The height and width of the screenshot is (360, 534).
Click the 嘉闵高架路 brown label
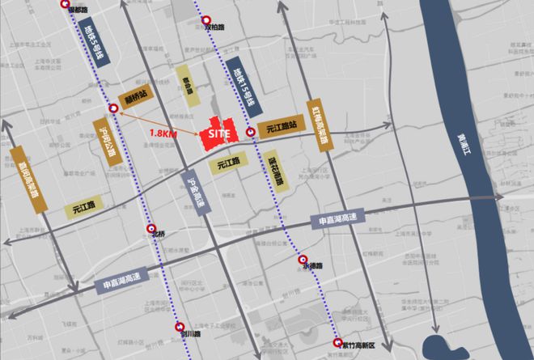point(29,179)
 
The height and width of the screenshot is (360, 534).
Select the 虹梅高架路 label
point(320,125)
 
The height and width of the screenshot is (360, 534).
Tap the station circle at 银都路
point(66,4)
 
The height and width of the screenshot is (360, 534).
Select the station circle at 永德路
point(303,260)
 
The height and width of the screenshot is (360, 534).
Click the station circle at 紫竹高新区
point(338,342)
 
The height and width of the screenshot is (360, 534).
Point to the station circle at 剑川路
point(177,327)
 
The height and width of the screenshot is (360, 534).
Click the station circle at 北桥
point(150,229)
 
